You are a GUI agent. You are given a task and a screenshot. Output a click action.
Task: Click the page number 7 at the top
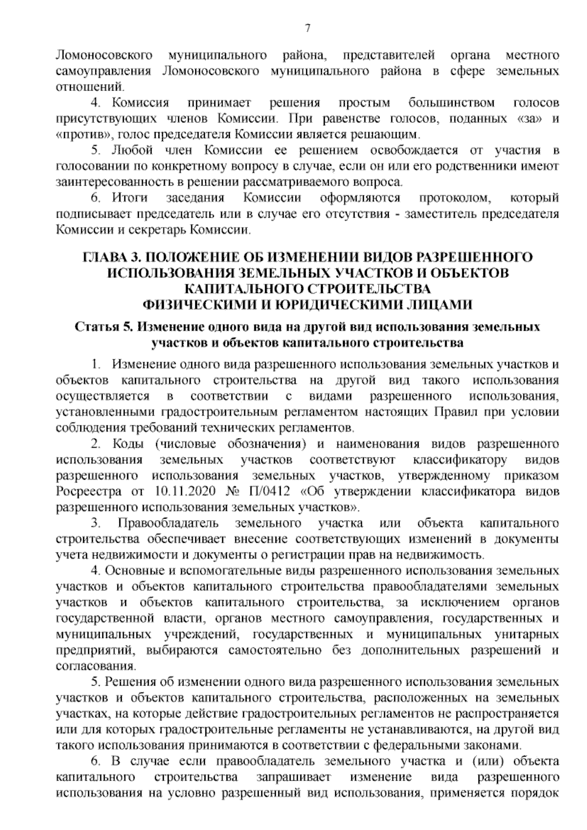[308, 28]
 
